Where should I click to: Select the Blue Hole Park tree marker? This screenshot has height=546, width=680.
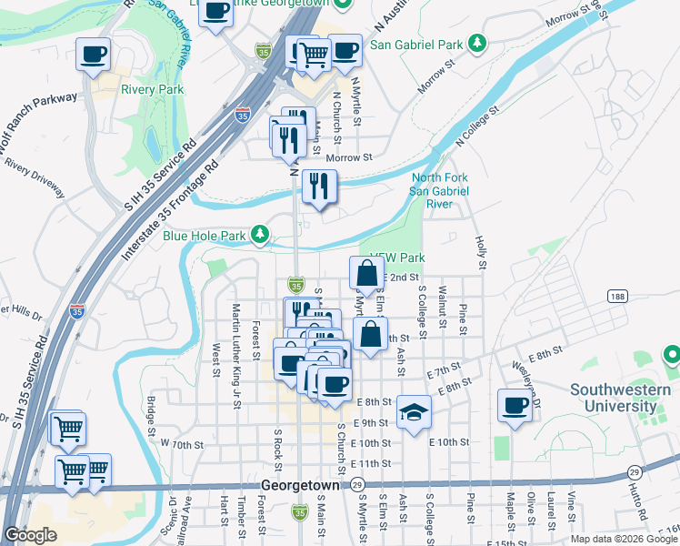(x=261, y=236)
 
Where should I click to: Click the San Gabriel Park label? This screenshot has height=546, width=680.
(x=419, y=44)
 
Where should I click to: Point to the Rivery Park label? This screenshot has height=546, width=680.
(x=153, y=89)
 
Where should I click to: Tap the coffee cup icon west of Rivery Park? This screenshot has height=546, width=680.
(x=93, y=55)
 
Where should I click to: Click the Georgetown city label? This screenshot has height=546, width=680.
(x=299, y=486)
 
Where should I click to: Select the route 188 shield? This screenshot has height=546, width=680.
(x=617, y=298)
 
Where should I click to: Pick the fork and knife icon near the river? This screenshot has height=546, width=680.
(x=319, y=186)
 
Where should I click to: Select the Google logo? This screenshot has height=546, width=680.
(x=31, y=535)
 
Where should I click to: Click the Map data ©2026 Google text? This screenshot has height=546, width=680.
(x=624, y=539)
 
